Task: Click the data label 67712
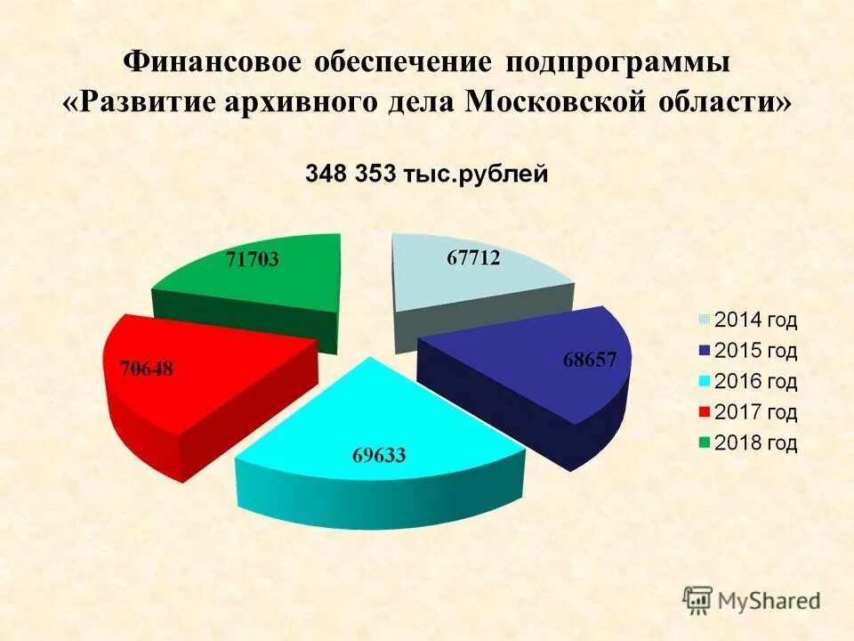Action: pos(473,258)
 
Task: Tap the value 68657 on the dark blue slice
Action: pos(596,360)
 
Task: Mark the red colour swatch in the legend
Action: pos(705,413)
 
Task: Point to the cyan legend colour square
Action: pos(705,383)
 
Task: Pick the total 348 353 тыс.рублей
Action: pos(427,174)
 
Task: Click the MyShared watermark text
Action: pos(769,601)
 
